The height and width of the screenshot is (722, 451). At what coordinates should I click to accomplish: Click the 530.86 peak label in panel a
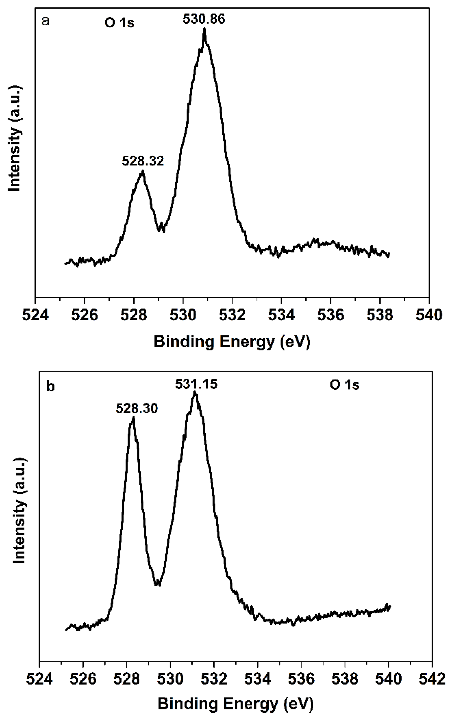(204, 19)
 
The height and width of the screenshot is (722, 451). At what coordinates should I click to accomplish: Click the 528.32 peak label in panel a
(143, 161)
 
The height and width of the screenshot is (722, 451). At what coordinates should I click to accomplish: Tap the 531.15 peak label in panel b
(196, 384)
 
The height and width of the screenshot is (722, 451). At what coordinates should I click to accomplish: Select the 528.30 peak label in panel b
(137, 409)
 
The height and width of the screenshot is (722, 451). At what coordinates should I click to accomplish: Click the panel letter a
(45, 21)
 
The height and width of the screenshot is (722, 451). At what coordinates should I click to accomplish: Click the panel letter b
(51, 387)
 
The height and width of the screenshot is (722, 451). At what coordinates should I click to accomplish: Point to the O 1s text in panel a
(119, 23)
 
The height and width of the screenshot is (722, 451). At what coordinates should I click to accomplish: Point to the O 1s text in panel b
(345, 385)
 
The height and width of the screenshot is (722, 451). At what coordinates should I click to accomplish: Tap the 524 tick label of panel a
(36, 315)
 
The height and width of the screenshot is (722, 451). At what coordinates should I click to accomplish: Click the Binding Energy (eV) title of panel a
(232, 342)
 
